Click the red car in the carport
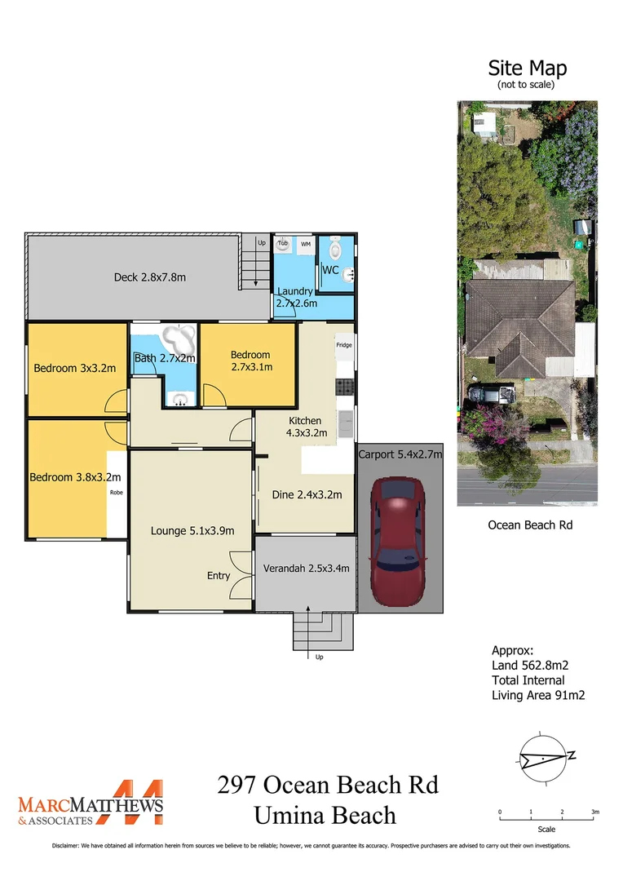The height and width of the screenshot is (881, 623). tap(398, 537)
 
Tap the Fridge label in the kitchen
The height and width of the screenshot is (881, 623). tap(344, 346)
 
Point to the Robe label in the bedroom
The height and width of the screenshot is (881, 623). tap(116, 493)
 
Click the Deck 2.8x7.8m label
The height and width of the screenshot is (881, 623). tap(149, 277)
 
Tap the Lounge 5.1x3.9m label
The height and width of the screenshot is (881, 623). tap(192, 530)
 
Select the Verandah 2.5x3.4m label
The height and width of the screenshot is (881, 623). tap(306, 569)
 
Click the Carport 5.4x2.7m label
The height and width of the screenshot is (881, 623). tap(400, 454)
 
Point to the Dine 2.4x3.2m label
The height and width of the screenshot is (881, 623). tap(306, 494)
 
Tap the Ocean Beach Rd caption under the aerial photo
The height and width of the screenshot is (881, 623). tap(530, 525)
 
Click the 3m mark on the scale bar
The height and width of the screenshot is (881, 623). tap(595, 812)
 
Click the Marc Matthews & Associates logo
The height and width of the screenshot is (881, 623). tap(91, 803)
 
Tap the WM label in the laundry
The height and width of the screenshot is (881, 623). tap(306, 244)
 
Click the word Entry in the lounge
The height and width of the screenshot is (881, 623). tap(218, 575)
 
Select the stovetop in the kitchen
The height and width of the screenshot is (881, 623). tap(344, 386)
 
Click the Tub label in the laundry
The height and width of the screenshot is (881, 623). tap(283, 244)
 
